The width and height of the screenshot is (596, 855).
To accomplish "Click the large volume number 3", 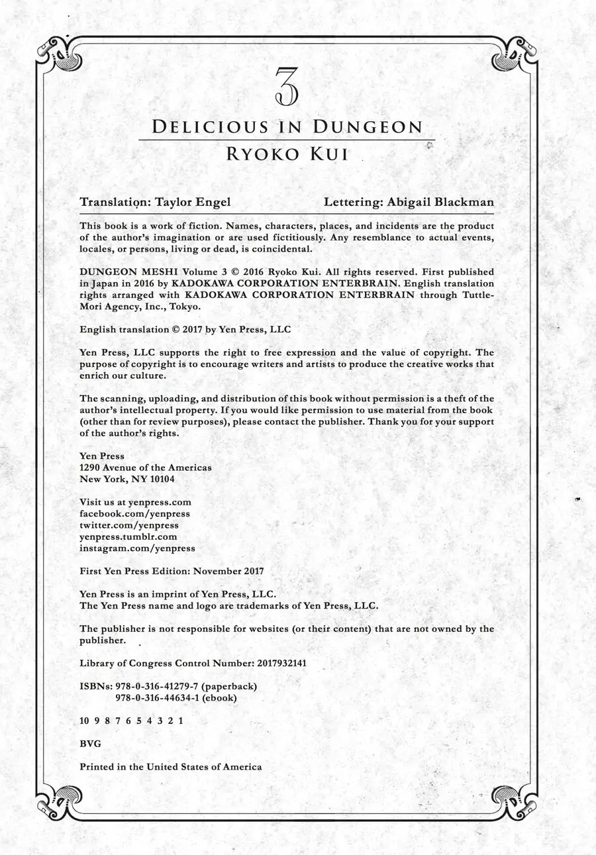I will click(x=286, y=87).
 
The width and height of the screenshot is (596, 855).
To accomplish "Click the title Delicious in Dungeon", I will click(x=287, y=127).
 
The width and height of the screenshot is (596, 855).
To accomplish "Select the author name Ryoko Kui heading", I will click(x=287, y=154).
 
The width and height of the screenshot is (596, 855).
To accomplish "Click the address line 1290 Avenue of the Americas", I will click(x=146, y=468).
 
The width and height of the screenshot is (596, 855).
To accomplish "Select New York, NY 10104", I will click(x=127, y=479).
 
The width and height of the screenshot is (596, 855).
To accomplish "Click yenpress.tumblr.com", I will click(x=128, y=537).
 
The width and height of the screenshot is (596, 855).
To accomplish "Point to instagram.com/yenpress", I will click(x=137, y=548).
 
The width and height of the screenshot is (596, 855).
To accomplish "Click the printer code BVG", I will click(x=90, y=744).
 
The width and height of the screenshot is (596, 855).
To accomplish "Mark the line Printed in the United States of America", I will click(x=170, y=767).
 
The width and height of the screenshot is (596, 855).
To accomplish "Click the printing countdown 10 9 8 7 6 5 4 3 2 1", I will click(x=131, y=721).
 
